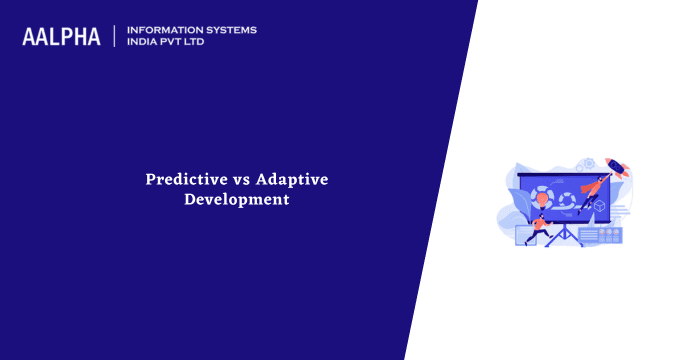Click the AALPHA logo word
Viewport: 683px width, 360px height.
click(61, 37)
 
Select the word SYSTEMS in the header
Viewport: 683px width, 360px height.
click(231, 30)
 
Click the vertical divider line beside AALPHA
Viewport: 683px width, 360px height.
click(115, 37)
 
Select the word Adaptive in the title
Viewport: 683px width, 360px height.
click(291, 179)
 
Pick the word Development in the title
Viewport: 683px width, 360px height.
click(237, 199)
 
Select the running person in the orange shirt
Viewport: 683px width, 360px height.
click(540, 226)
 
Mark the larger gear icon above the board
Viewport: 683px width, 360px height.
click(588, 163)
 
